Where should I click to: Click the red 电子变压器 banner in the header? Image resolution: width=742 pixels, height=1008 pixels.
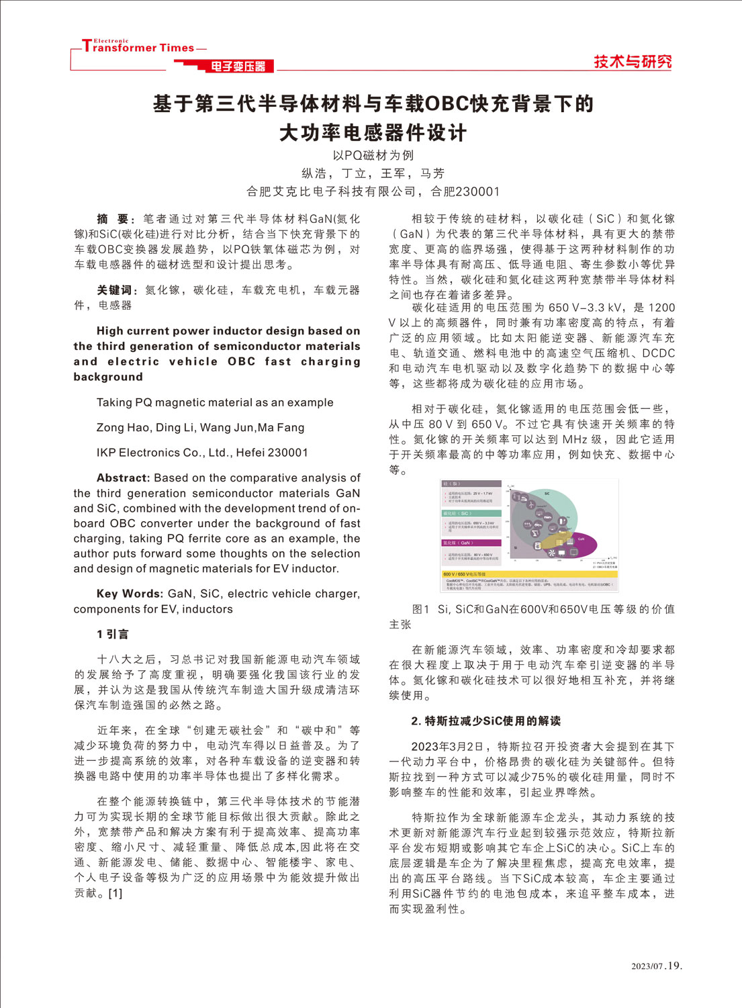point(238,66)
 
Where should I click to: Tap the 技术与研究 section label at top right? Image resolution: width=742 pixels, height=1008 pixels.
point(632,62)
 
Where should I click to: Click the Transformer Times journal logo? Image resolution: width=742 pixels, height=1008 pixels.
point(138,46)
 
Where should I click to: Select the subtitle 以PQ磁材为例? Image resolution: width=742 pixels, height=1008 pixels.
point(373,155)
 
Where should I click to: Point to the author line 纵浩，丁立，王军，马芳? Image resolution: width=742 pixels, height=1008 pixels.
point(373,173)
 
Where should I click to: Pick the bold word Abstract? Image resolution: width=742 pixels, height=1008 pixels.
point(123,478)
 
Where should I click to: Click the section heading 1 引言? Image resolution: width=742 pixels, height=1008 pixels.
point(112,634)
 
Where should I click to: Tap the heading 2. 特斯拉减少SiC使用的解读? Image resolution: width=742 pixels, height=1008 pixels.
point(485,721)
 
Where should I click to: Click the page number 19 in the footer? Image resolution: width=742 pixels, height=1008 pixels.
point(674,966)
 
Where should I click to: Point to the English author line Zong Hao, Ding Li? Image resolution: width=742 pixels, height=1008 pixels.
point(200,428)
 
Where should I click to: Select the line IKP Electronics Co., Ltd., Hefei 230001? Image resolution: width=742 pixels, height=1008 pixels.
point(201,453)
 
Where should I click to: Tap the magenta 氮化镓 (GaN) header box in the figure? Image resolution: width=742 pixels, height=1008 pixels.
point(471,543)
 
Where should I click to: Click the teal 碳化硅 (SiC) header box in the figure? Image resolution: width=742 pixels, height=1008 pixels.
point(471,513)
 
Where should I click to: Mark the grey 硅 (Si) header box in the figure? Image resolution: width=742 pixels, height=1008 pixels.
point(471,484)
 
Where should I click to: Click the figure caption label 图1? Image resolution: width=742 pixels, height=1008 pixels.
point(420,609)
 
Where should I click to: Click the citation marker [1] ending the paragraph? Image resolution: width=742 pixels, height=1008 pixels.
point(115,893)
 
